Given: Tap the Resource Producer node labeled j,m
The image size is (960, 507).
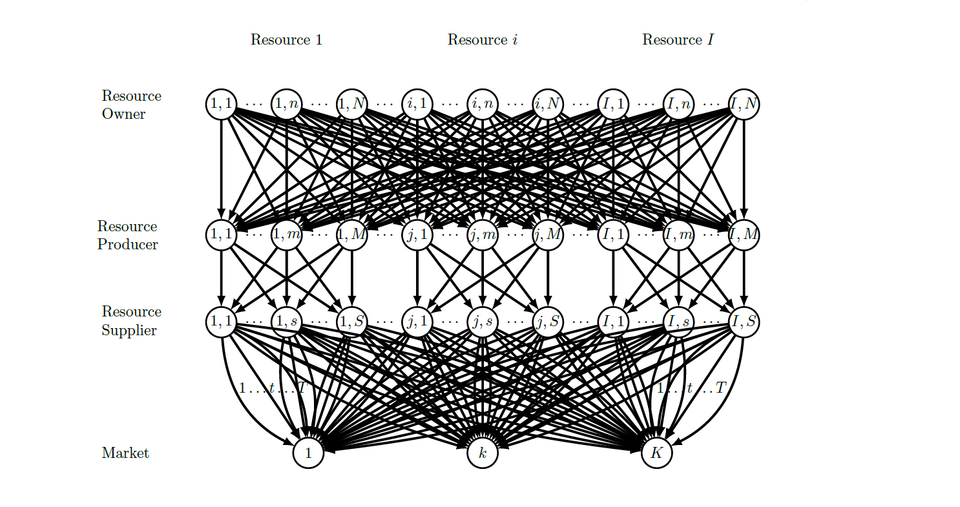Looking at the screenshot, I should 483,234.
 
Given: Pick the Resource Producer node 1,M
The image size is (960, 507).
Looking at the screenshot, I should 352,234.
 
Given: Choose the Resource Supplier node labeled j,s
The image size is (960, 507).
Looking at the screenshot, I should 483,322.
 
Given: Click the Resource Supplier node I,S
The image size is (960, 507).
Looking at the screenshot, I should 744,322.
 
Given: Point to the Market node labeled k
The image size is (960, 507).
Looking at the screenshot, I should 483,453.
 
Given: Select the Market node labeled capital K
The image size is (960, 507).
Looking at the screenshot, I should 657,453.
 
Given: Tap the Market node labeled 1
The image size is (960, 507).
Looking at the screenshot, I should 308,453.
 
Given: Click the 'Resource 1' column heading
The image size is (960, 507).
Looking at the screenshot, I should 286,40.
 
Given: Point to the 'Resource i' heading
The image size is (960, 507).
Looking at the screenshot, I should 483,40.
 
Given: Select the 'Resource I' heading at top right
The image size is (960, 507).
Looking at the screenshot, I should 678,40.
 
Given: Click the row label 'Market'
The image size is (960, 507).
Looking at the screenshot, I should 125,453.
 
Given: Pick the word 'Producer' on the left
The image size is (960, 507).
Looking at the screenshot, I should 128,245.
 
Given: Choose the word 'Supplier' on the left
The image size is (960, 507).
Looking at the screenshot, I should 129,331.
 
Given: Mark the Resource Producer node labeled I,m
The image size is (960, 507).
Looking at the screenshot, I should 678,234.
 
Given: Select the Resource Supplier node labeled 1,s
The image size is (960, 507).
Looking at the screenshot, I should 287,322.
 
